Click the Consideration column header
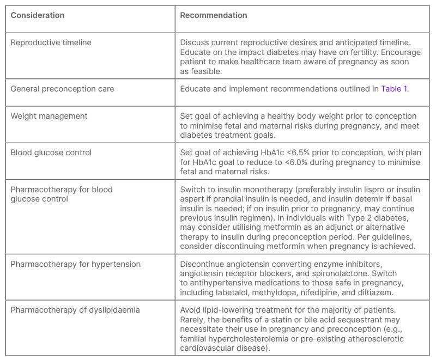click(37, 15)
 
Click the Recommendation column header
click(214, 15)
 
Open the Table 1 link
click(394, 88)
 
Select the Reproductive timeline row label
click(51, 42)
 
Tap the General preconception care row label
click(62, 88)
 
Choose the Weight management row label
click(49, 116)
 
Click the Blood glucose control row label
click(51, 153)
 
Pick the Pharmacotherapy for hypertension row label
click(76, 264)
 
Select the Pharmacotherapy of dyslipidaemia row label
click(75, 310)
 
